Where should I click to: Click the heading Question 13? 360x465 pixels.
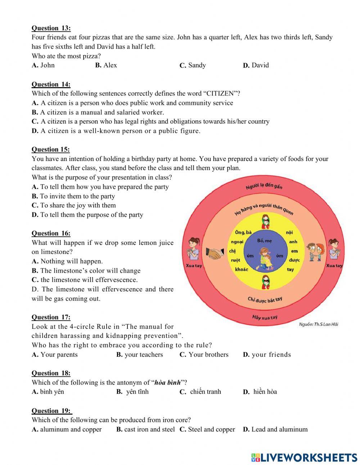[x=51, y=28]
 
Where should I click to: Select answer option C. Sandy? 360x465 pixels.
[x=193, y=65]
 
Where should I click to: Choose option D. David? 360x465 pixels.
[x=256, y=65]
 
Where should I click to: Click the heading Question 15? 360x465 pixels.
[x=51, y=149]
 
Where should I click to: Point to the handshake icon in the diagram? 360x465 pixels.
[x=215, y=253]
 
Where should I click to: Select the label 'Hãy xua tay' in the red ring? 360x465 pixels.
[x=265, y=317]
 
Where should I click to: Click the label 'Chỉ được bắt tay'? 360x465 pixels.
[x=265, y=299]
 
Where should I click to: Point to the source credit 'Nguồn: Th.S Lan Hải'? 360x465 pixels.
[x=318, y=325]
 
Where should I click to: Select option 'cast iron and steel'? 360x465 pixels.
[x=145, y=429]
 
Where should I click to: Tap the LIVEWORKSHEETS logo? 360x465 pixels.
[x=304, y=457]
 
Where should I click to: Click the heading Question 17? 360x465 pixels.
[x=51, y=317]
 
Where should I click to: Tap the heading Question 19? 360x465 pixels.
[x=51, y=411]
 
